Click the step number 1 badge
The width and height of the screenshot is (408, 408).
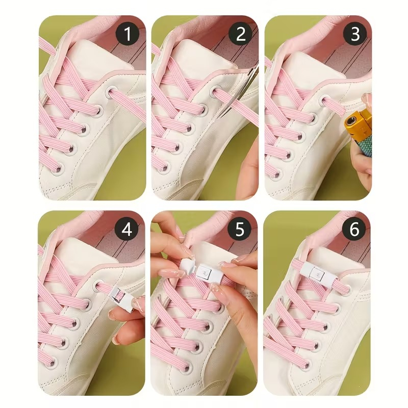tap(127, 34)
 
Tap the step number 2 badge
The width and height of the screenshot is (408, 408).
tap(241, 34)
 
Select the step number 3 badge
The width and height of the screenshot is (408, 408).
tap(355, 34)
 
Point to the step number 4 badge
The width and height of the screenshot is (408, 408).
tap(126, 229)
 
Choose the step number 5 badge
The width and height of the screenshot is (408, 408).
tap(239, 229)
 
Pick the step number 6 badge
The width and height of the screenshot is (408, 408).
tap(354, 229)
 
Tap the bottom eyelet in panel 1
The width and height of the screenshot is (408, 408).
tap(58, 170)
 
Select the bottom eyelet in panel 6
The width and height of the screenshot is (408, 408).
tap(308, 365)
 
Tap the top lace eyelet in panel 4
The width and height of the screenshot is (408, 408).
tap(98, 286)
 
